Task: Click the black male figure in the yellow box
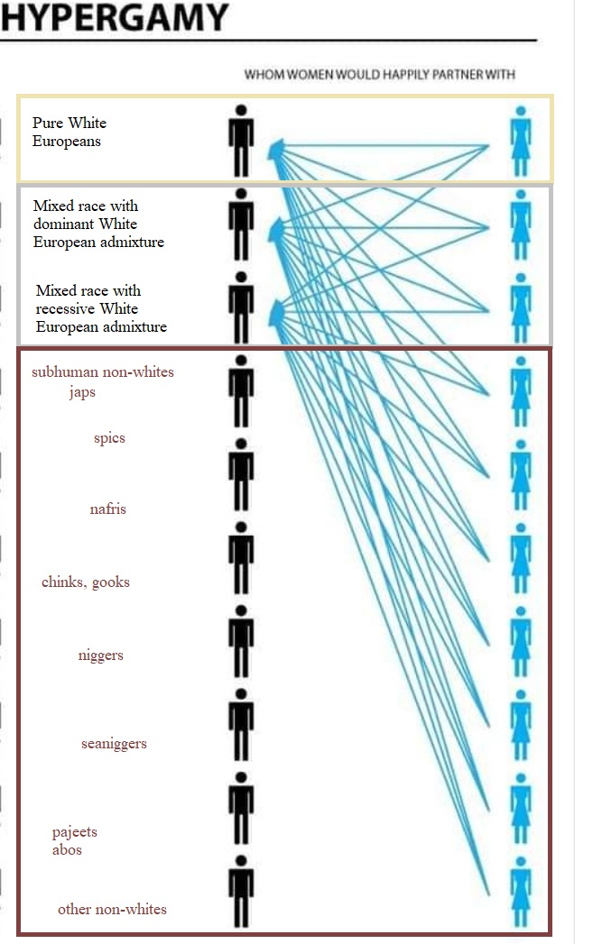(241, 141)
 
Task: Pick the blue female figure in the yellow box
(520, 141)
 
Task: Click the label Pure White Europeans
(69, 132)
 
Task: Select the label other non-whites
(112, 909)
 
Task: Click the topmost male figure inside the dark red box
(241, 390)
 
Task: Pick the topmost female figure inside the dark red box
(520, 390)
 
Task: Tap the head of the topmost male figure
(241, 110)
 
